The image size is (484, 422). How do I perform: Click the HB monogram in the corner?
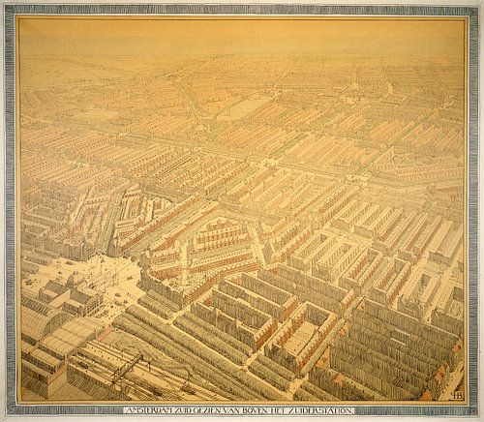coord(456,394)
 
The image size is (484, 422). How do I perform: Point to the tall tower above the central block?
coord(183,247)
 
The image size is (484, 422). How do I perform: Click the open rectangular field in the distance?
coord(242,108)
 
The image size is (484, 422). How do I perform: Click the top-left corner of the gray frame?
coord(6,6)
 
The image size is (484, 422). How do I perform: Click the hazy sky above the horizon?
coord(242,34)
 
